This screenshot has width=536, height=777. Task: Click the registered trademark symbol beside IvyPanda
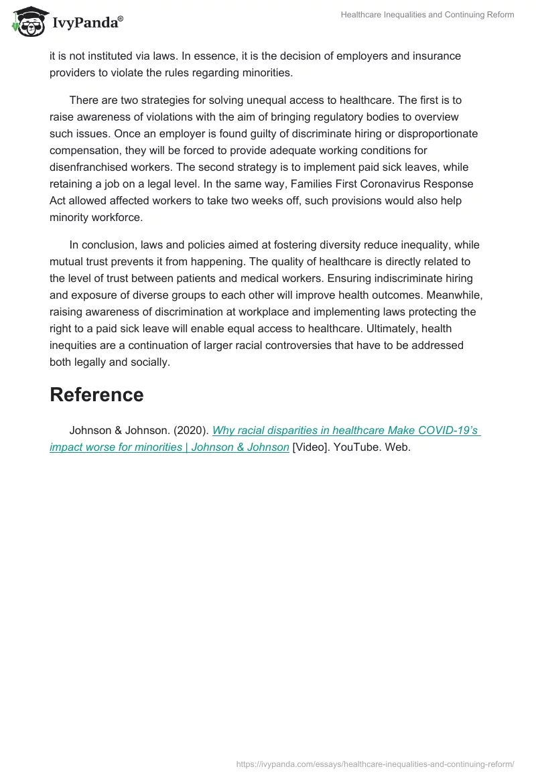tap(121, 19)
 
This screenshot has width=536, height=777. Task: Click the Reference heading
tap(96, 395)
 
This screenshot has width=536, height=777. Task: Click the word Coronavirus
tap(391, 184)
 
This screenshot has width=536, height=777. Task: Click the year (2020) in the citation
tap(190, 430)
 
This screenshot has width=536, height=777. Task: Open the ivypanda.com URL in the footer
tap(375, 763)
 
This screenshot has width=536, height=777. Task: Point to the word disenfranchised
tap(91, 167)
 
